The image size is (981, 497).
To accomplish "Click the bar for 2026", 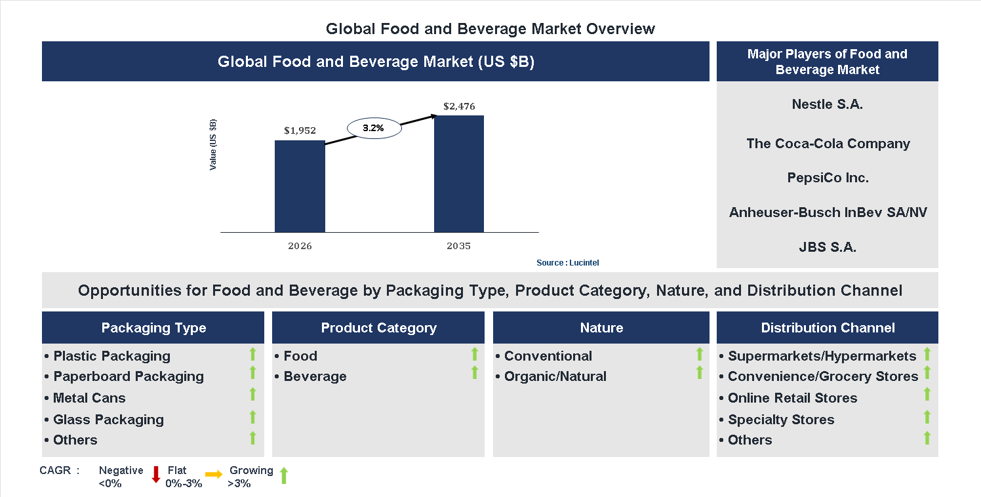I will tap(300, 186).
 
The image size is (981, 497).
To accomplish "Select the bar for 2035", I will tap(459, 174).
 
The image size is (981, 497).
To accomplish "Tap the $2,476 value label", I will tap(459, 106).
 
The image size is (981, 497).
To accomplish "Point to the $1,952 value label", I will tap(300, 130).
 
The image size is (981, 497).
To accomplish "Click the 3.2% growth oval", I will tap(373, 129).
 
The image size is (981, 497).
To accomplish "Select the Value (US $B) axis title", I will tap(213, 145).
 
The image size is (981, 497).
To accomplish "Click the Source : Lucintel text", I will tap(567, 262).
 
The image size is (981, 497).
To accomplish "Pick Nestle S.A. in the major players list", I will tap(827, 104).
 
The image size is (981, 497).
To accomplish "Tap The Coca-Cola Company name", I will tap(828, 144).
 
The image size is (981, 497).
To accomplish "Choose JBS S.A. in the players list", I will tap(827, 247).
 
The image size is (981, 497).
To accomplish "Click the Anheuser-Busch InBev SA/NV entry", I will tap(828, 212).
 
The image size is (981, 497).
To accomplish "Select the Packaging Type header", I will tap(153, 328).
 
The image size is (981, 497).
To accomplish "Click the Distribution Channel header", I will tap(828, 328).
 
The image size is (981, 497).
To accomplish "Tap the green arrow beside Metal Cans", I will tap(252, 395).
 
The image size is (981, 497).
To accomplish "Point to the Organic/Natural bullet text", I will tap(555, 376).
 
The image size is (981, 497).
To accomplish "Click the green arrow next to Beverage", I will tap(475, 373).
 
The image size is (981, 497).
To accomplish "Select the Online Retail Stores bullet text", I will tap(792, 398).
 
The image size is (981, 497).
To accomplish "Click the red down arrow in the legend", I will tap(156, 474).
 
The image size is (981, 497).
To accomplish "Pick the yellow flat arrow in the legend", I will tap(214, 474).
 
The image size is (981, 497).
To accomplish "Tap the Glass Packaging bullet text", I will tap(108, 420).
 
